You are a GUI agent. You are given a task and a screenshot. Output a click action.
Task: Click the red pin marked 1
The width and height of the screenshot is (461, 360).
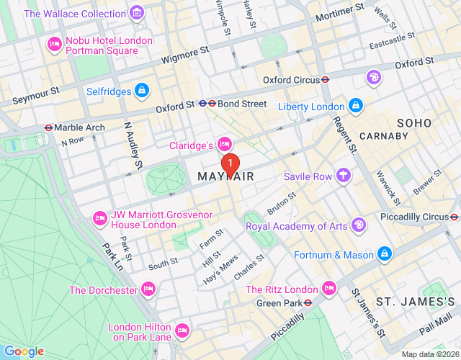click(x=230, y=164)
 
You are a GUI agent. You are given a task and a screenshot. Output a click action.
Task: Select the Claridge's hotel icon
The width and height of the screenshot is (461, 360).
click(x=224, y=145)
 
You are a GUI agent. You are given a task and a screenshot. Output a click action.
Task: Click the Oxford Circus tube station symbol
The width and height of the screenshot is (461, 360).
click(x=326, y=80)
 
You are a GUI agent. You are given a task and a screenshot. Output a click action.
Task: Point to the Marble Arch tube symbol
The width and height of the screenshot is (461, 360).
click(x=48, y=127)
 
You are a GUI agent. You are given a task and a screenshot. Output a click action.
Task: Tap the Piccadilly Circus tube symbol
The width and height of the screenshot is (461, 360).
click(x=454, y=217)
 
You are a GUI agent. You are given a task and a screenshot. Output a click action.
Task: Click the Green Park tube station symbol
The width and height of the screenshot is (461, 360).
click(x=308, y=303)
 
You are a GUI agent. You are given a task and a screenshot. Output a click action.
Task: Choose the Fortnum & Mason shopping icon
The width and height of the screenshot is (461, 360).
click(x=385, y=254)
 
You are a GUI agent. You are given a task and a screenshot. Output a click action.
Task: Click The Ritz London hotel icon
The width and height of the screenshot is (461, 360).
click(x=329, y=289)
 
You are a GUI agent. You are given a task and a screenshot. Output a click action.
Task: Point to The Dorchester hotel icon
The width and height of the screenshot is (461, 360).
click(x=149, y=289)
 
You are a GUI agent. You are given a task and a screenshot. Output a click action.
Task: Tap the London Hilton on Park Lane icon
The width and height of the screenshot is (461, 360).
click(x=182, y=331)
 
